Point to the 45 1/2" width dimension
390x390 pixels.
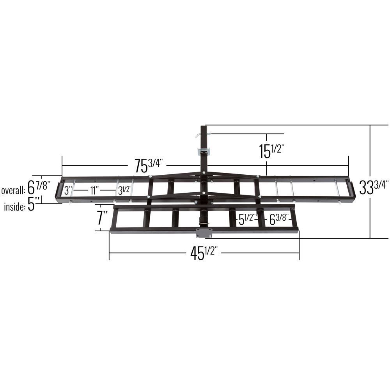point(204,253)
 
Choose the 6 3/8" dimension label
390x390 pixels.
point(278,220)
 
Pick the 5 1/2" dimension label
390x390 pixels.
point(247,220)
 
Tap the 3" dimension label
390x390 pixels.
point(68,191)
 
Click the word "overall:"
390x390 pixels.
point(13,191)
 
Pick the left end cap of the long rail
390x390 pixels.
point(58,191)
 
